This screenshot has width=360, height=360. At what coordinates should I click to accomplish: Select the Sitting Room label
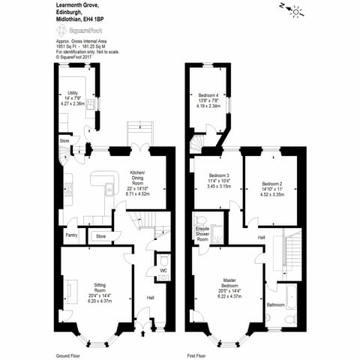point(100,286)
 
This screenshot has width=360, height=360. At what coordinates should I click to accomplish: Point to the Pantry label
point(71,235)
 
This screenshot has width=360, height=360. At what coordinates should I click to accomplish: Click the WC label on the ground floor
point(163,269)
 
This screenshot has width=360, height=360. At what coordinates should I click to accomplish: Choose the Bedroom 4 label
point(208,96)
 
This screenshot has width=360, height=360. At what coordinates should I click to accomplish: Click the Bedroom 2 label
point(271,184)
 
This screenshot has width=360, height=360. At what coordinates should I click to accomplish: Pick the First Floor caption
point(196,354)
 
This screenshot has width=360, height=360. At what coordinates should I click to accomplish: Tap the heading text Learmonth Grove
point(76,5)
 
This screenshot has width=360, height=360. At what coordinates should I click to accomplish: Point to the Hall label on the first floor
point(261,237)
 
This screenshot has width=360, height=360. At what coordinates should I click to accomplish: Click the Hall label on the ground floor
point(150,298)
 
